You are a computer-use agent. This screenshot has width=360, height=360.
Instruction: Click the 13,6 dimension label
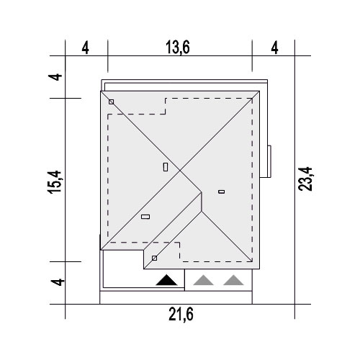pos(178,48)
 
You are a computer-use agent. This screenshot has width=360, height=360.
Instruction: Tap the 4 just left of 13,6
pos(86,48)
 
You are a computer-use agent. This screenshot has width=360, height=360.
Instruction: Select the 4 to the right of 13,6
pos(274,48)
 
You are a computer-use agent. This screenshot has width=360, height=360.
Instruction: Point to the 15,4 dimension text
pos(55,181)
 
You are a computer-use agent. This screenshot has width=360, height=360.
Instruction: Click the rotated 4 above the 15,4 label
pos(55,77)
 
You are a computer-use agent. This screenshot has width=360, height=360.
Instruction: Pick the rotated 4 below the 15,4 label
pos(58,282)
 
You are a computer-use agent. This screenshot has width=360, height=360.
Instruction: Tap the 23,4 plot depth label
pos(305,179)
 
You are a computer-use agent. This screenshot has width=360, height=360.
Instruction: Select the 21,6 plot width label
pos(181,315)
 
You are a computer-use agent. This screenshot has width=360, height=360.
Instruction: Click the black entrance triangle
pos(166,280)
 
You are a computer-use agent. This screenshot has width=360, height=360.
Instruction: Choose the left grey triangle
pos(203,280)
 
